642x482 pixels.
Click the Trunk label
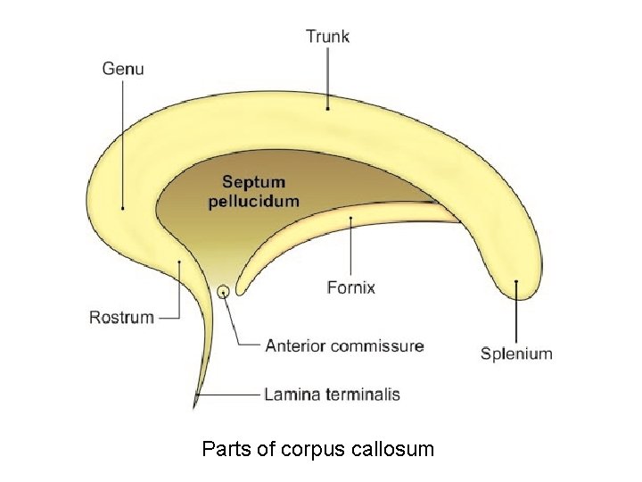point(327,37)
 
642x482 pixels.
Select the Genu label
point(123,68)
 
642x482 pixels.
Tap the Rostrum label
point(121,317)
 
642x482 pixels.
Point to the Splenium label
point(516,353)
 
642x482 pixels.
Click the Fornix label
point(351,287)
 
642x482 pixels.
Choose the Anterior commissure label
point(344,345)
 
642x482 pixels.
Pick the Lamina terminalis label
point(332,394)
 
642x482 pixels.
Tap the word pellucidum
point(253,201)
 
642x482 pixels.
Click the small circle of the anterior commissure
point(223,291)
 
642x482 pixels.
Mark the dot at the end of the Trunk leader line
point(327,108)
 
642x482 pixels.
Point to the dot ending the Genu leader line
point(123,208)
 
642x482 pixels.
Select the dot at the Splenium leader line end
point(516,283)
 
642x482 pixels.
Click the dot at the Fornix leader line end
point(351,217)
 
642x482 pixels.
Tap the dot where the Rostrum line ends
point(180,262)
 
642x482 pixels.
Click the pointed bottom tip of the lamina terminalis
point(194,407)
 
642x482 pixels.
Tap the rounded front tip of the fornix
point(240,287)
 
